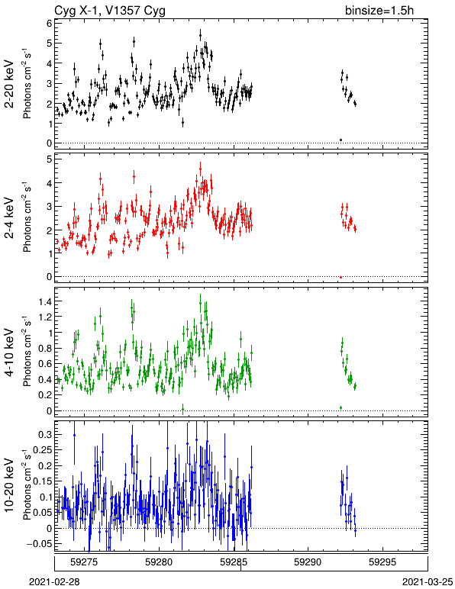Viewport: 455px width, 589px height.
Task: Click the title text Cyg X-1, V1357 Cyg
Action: [110, 10]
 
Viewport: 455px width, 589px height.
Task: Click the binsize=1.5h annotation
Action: [379, 10]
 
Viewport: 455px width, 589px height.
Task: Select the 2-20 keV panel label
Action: [9, 84]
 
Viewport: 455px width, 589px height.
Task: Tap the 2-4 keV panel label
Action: [9, 218]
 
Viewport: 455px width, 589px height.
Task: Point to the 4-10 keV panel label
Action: [9, 352]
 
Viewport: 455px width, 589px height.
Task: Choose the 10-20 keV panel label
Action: [9, 485]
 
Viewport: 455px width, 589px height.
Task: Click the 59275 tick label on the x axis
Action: [85, 562]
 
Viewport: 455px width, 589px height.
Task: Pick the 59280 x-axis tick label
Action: [160, 562]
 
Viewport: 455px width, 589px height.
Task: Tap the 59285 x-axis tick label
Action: [234, 562]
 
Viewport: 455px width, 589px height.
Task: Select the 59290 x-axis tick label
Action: [308, 562]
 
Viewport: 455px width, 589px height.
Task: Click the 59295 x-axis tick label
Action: [382, 562]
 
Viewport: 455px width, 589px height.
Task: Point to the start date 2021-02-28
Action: [54, 582]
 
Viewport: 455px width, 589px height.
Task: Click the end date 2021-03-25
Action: [428, 582]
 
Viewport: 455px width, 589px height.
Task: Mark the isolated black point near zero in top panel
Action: [340, 140]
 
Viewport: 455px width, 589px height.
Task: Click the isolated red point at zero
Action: [340, 277]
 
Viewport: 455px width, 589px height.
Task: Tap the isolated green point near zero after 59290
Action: [340, 407]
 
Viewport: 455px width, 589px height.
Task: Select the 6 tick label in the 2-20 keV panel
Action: [49, 23]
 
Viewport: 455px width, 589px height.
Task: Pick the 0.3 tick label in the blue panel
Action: [45, 434]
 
